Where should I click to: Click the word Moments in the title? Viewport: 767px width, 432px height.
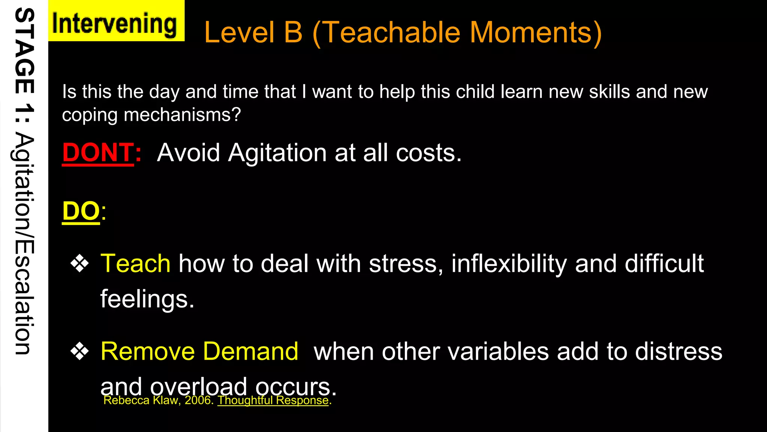tap(536, 33)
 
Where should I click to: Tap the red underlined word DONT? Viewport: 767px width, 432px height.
tap(98, 153)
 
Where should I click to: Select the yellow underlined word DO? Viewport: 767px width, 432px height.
tap(81, 211)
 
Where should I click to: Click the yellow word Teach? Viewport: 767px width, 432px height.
tap(136, 264)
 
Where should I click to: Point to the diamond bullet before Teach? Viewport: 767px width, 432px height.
tap(80, 264)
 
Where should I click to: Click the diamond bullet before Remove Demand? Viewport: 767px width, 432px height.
tap(80, 352)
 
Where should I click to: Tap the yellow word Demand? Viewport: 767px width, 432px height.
tap(251, 352)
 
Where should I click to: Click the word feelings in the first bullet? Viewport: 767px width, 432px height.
tap(147, 299)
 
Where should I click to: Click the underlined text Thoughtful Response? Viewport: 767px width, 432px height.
tap(273, 400)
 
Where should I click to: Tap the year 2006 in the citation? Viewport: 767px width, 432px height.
tap(199, 400)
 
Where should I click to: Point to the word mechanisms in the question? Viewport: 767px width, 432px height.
tap(182, 115)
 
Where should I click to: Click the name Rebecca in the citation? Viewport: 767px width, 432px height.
tap(126, 400)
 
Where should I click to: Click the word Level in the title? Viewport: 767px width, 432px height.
tap(239, 33)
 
